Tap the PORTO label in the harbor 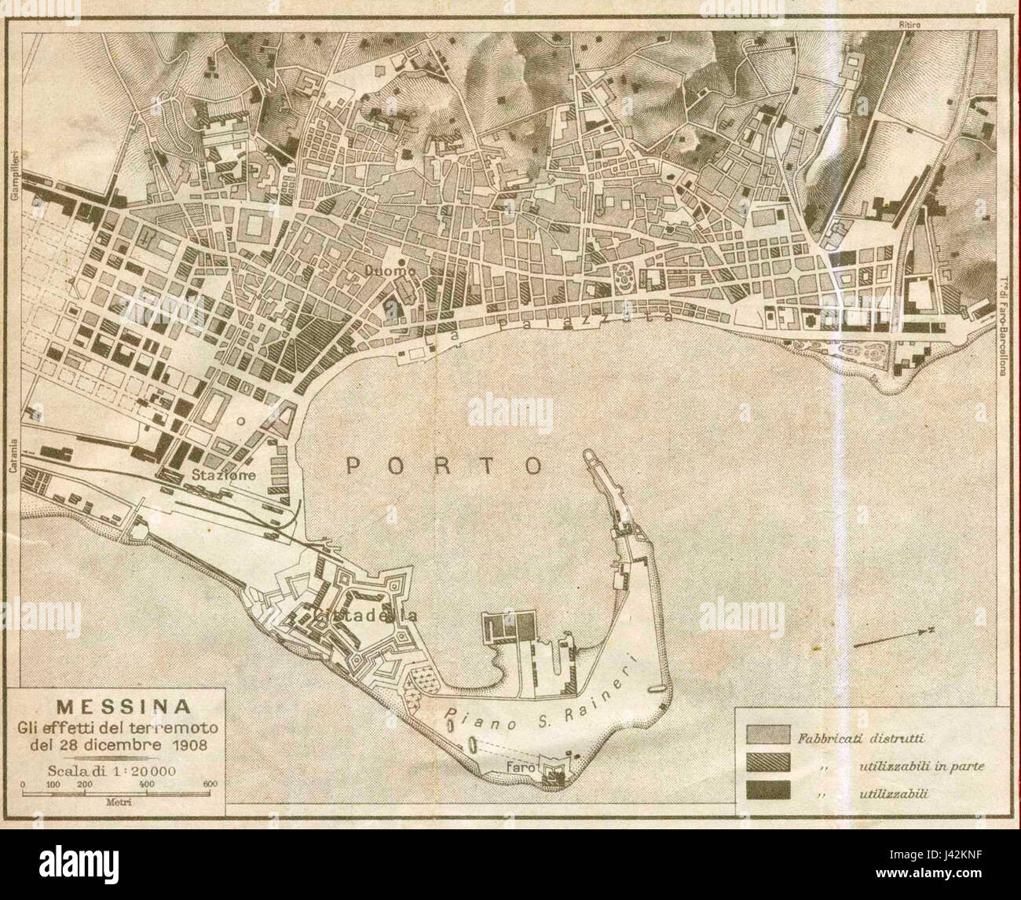point(445,466)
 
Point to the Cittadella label point(364,616)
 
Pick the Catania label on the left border point(14,456)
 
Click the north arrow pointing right point(892,638)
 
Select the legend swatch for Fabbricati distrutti point(765,737)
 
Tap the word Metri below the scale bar point(115,804)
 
